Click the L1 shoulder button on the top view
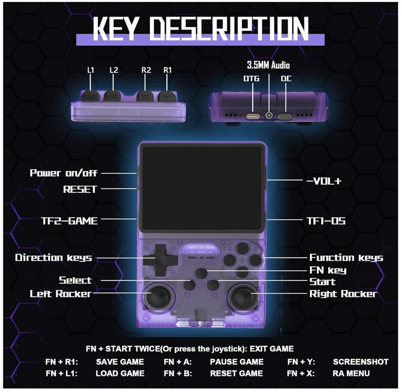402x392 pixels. coord(90,96)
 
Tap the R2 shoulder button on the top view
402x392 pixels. coord(145,96)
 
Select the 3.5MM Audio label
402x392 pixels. coord(268,65)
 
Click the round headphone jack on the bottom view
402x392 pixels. coord(269,116)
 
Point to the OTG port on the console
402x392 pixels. coord(253,117)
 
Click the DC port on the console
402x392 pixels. coord(285,117)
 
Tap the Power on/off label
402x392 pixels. coord(64,173)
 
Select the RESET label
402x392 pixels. coord(80,189)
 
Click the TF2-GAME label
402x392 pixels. coord(69,221)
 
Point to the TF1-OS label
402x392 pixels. coord(326,221)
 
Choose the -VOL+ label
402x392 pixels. coord(324,181)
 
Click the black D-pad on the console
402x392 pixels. coord(160,260)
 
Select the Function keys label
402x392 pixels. coord(346,257)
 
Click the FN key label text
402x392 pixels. coord(328,270)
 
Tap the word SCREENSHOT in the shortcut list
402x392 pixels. coord(361,362)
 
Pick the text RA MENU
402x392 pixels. coord(351,373)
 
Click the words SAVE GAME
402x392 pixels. coord(120,362)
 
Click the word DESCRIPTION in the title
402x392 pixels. coord(229,28)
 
